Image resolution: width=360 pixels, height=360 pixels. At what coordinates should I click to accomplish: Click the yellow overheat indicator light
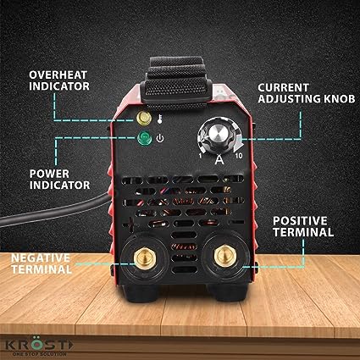(x=144, y=118)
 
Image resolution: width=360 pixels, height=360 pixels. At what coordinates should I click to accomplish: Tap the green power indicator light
(x=145, y=138)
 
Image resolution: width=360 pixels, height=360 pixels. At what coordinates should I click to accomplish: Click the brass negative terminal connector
(x=146, y=258)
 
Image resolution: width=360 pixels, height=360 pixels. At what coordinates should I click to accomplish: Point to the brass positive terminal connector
(x=225, y=257)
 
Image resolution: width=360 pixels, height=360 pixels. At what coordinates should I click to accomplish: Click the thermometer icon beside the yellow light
(x=160, y=119)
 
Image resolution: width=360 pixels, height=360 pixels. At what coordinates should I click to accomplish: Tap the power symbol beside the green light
(x=160, y=139)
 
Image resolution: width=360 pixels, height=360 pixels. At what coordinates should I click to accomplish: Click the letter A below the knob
(x=219, y=160)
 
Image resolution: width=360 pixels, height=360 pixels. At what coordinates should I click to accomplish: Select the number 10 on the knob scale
(x=239, y=156)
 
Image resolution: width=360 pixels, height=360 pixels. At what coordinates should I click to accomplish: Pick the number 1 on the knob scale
(x=200, y=156)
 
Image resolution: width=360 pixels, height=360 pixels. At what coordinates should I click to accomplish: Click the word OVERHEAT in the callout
(x=58, y=75)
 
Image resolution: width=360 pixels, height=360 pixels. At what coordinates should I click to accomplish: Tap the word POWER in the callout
(x=49, y=174)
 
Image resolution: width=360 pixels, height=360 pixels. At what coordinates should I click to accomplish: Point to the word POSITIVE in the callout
(x=301, y=221)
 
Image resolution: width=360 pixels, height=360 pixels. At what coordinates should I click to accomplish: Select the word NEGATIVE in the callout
(x=41, y=258)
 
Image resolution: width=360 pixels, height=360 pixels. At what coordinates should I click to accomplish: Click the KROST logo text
(x=40, y=346)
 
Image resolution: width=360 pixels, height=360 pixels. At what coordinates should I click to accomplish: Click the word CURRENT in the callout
(x=284, y=87)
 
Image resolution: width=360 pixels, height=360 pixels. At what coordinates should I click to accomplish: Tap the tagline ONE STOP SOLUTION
(x=40, y=354)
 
